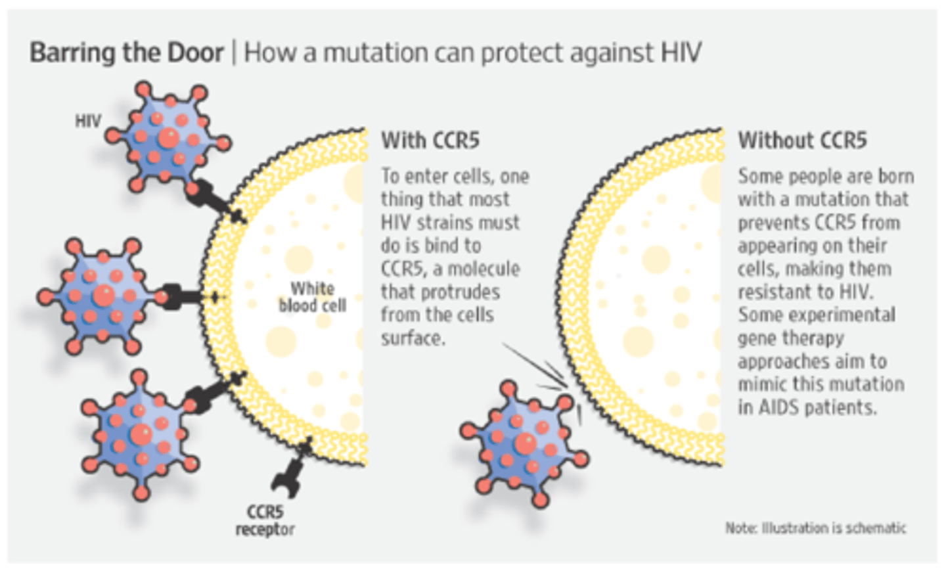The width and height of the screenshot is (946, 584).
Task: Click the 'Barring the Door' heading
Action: click(127, 53)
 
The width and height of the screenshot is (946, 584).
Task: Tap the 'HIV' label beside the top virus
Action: click(88, 121)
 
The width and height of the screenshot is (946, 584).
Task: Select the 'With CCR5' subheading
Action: click(430, 141)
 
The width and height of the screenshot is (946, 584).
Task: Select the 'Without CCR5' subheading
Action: click(802, 141)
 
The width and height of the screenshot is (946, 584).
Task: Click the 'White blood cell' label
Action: click(313, 297)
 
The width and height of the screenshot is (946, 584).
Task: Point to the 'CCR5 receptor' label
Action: click(265, 520)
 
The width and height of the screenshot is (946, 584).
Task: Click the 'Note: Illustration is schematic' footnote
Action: click(815, 528)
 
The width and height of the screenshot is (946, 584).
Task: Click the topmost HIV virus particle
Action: click(169, 137)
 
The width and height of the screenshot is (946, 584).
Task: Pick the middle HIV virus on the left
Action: click(102, 295)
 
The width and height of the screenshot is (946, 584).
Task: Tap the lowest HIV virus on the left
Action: click(140, 434)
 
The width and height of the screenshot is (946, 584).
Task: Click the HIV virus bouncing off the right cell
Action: click(524, 443)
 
